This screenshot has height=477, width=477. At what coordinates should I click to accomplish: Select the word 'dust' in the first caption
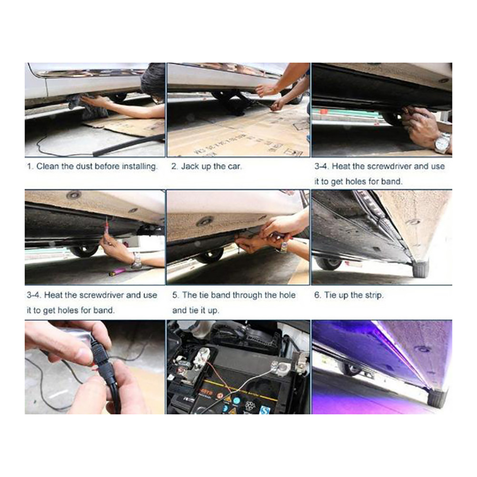coord(84,167)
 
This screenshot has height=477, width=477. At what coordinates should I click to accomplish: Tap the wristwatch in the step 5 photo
coord(283,247)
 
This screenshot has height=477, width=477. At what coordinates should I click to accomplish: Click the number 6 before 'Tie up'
coord(318,295)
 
